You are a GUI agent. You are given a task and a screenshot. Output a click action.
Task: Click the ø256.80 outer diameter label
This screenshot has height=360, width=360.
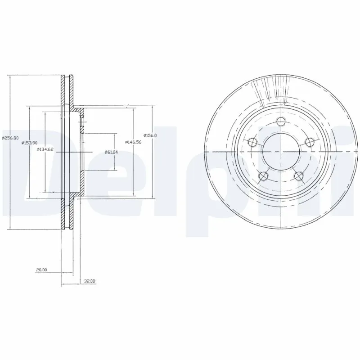coord(10,138)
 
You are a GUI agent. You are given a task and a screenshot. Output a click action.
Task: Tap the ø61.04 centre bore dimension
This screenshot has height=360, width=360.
coord(111,152)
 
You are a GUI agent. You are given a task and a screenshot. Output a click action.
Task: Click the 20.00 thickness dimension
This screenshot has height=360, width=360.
coord(41,270)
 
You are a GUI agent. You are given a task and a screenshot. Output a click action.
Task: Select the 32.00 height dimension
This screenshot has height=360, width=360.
coord(90,281)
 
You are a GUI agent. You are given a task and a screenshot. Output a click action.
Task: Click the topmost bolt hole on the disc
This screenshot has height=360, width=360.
coord(281,122)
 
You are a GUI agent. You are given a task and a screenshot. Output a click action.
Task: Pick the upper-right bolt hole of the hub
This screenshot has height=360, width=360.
coord(309,142)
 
